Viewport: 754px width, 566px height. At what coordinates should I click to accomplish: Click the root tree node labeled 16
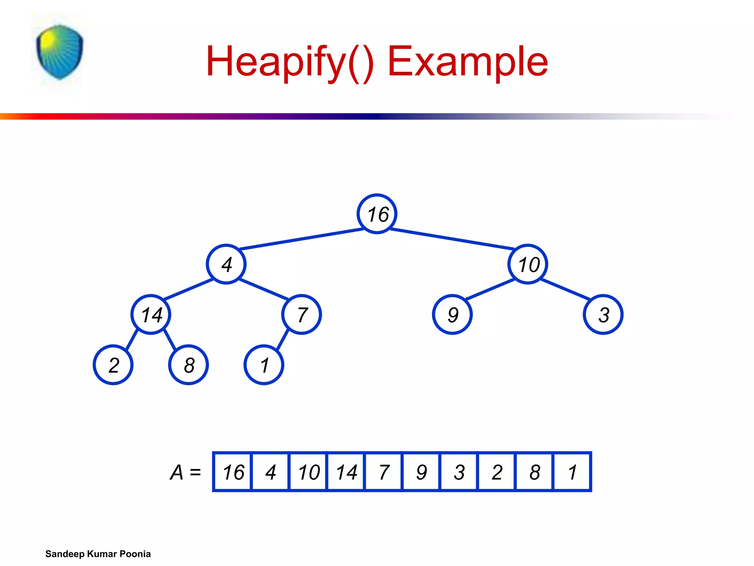click(377, 214)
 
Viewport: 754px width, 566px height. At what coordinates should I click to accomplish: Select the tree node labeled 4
click(226, 264)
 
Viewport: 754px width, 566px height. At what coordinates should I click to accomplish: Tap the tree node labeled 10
click(528, 264)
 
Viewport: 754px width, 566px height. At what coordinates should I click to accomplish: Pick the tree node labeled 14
click(151, 315)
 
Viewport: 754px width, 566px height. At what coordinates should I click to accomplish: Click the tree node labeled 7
click(302, 315)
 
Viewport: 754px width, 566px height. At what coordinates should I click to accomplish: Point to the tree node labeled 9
click(452, 315)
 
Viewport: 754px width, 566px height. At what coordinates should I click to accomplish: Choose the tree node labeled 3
click(603, 315)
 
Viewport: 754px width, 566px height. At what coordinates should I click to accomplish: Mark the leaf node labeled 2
click(113, 365)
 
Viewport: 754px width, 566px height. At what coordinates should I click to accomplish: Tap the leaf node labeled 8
click(188, 365)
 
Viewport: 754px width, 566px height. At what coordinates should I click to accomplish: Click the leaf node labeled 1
click(264, 365)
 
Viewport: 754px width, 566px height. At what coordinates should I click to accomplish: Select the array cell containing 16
click(233, 472)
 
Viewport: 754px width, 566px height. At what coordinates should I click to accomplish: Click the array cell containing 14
click(346, 472)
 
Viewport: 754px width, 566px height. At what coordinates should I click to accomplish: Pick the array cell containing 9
click(421, 472)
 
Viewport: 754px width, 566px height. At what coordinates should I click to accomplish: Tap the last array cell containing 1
click(572, 472)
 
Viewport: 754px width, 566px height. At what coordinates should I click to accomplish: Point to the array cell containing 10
click(308, 472)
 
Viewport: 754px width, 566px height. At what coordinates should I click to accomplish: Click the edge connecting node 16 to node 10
click(452, 238)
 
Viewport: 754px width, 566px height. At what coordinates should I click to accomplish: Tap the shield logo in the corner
click(60, 52)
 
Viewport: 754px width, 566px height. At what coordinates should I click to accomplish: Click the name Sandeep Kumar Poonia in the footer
click(98, 554)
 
